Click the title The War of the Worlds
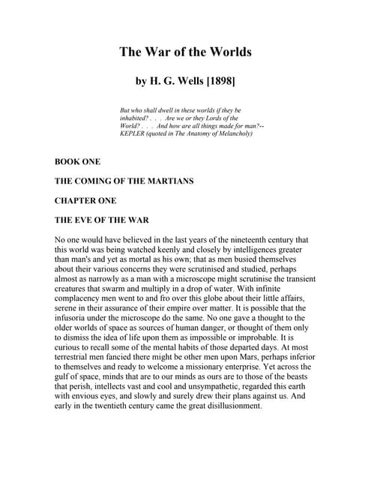click(x=185, y=52)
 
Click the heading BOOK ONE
click(x=77, y=161)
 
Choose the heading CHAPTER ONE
click(x=86, y=200)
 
